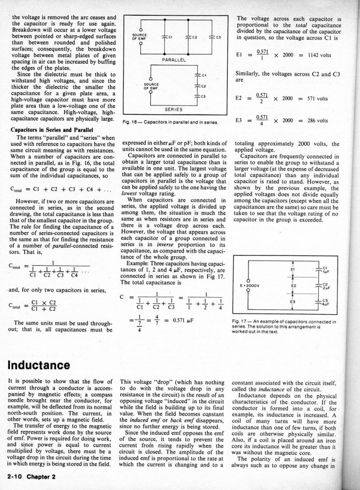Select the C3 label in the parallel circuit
point(219,38)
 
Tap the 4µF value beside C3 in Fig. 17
point(326,305)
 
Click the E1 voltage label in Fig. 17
point(293,269)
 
